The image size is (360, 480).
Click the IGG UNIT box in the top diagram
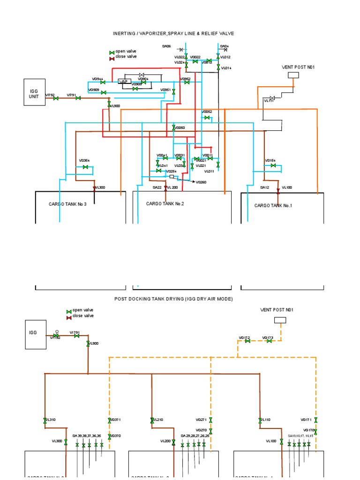pyautogui.click(x=35, y=92)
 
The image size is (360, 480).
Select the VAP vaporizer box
pyautogui.click(x=124, y=82)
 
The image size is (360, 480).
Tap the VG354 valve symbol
pyautogui.click(x=85, y=167)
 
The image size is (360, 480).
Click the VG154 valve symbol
pyautogui.click(x=273, y=165)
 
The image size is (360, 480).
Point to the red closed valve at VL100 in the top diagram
pyautogui.click(x=278, y=191)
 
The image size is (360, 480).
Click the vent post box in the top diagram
pyautogui.click(x=293, y=75)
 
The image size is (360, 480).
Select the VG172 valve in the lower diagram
pyautogui.click(x=247, y=341)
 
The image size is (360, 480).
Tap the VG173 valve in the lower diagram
pyautogui.click(x=269, y=341)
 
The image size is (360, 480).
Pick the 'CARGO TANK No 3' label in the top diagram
pyautogui.click(x=67, y=204)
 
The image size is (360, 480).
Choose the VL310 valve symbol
pyautogui.click(x=45, y=420)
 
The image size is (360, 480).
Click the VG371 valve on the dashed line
pyautogui.click(x=109, y=420)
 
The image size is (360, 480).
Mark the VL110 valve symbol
pyautogui.click(x=259, y=420)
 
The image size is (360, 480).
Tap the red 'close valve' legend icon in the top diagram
pyautogui.click(x=112, y=58)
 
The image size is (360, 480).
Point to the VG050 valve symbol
pyautogui.click(x=173, y=127)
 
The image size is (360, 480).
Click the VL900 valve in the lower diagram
pyautogui.click(x=88, y=344)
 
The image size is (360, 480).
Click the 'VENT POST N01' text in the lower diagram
pyautogui.click(x=277, y=309)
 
